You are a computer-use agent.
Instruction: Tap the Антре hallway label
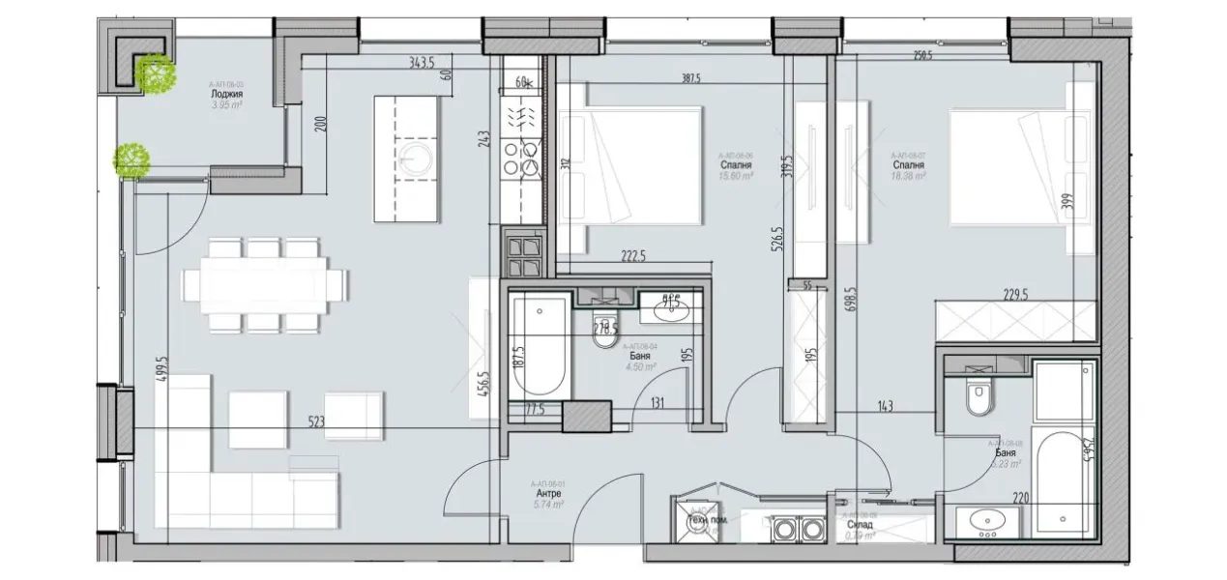point(546,493)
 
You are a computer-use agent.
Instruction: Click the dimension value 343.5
point(422,63)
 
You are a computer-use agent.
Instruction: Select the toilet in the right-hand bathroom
point(979,397)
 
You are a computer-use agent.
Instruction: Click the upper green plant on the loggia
point(155,73)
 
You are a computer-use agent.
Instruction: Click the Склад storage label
point(861,525)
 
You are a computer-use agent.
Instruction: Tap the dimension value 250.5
point(922,56)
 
